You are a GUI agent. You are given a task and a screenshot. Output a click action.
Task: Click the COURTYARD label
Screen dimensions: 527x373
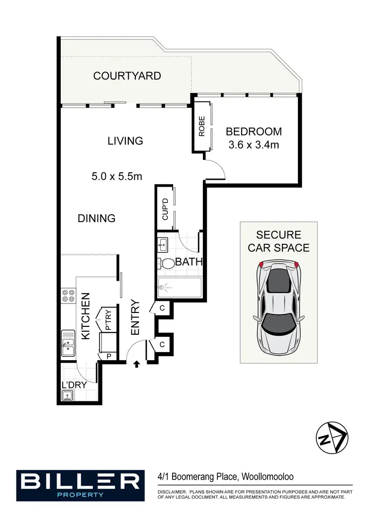(127, 76)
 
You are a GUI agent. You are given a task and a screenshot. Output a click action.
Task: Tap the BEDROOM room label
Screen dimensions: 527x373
(254, 132)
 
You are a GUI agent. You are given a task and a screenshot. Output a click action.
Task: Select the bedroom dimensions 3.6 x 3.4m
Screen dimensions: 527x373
(254, 146)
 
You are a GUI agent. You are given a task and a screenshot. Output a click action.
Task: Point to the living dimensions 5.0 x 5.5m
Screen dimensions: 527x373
(117, 176)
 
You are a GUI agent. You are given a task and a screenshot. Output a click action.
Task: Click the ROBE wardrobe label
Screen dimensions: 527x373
(202, 126)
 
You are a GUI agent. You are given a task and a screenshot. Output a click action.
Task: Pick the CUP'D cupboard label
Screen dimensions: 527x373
(166, 209)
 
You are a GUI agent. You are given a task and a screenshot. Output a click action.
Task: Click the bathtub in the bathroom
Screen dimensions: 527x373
(179, 287)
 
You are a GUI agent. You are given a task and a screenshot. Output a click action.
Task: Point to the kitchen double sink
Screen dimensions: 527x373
(68, 344)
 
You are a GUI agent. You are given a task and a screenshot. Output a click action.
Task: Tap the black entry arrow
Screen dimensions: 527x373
(137, 365)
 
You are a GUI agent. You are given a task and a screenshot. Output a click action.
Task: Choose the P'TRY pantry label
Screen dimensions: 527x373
(108, 320)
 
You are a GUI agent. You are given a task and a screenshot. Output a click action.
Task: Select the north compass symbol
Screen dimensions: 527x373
(333, 437)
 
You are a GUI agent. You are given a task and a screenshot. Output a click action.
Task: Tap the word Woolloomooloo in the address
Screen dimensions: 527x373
(267, 477)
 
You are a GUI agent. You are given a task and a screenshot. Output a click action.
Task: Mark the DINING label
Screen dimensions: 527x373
(96, 218)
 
